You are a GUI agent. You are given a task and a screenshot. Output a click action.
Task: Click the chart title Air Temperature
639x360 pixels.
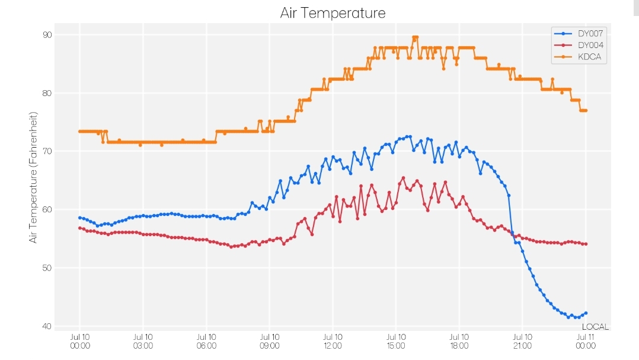click(333, 13)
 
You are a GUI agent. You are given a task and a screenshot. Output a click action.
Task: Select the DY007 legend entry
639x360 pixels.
click(579, 33)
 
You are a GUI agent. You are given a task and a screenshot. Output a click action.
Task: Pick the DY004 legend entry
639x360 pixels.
click(579, 45)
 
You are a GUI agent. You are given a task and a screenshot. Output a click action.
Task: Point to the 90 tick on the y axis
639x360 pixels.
click(47, 35)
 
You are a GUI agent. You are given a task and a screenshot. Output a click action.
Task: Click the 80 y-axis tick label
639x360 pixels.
click(47, 93)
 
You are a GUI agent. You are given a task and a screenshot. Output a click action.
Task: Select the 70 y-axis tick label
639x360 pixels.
click(47, 151)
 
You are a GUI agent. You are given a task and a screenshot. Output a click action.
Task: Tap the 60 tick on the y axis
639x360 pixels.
click(47, 209)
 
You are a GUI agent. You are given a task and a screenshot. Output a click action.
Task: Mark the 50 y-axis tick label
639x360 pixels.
click(47, 268)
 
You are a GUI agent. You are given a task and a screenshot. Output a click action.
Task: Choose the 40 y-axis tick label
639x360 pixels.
click(47, 326)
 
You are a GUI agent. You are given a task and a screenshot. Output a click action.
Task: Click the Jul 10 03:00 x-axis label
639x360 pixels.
click(143, 342)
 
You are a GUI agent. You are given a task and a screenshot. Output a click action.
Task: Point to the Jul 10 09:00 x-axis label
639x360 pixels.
click(269, 342)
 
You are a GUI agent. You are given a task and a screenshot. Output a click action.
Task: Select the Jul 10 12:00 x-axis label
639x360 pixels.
click(333, 342)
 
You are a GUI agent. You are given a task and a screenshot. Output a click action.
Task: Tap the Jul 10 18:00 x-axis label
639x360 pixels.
click(459, 342)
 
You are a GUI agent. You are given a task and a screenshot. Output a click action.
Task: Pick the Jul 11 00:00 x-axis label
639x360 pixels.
click(586, 342)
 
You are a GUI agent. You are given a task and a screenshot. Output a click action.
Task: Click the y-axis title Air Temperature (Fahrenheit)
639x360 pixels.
click(33, 177)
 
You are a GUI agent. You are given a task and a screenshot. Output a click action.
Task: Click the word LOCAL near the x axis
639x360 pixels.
click(595, 327)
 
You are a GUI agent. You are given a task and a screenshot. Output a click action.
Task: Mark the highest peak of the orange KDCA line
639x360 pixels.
click(416, 37)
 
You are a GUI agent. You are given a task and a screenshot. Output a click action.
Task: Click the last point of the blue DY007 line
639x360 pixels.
click(586, 313)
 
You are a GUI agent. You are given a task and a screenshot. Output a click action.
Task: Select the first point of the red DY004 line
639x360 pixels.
click(80, 228)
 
